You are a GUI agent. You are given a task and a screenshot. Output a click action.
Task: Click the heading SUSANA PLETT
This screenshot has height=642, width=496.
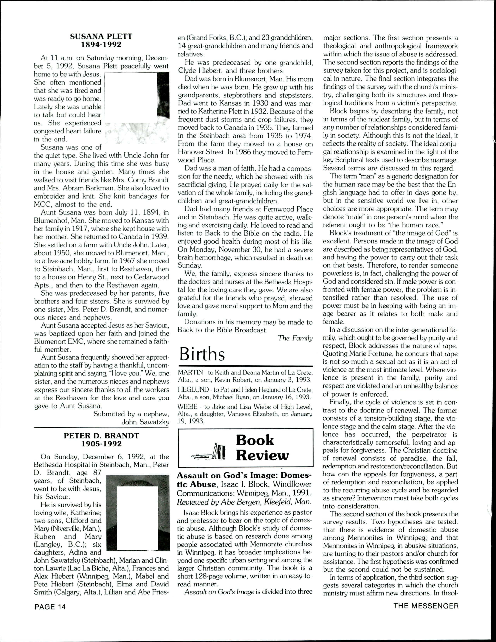coord(101,37)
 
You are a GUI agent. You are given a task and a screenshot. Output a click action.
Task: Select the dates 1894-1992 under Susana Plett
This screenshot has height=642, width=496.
coord(101,44)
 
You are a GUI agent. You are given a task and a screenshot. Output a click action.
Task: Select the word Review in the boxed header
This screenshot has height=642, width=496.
coord(262,455)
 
